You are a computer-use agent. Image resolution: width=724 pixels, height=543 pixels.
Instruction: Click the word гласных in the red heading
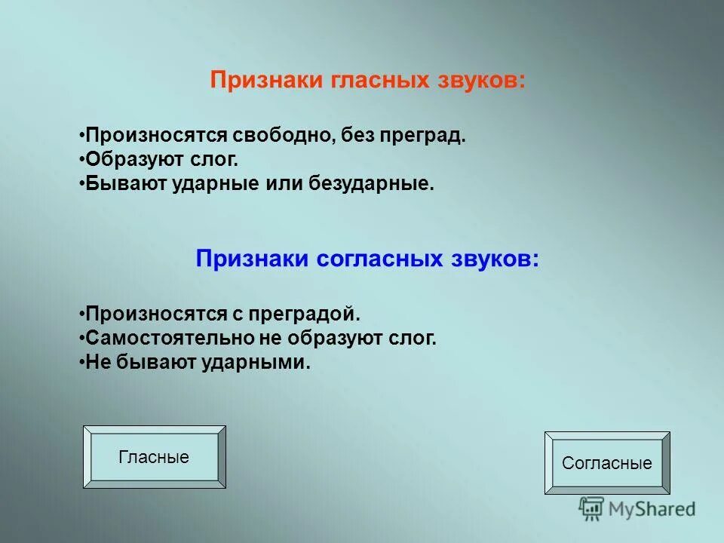pos(381,81)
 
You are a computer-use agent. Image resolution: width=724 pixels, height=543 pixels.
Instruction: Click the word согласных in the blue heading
pos(378,259)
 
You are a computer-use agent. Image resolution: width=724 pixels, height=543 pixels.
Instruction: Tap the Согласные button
pos(606,463)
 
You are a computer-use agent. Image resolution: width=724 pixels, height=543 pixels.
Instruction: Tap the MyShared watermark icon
pos(591,509)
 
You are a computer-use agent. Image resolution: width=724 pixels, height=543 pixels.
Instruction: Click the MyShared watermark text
pos(652,510)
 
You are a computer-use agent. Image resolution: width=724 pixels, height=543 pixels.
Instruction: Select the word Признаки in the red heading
pos(266,81)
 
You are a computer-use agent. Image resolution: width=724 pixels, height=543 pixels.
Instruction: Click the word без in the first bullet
pos(359,137)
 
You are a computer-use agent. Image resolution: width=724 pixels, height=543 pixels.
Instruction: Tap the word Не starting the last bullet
pos(95,362)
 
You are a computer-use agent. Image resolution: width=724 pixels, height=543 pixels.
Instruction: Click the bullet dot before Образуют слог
pos(81,161)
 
